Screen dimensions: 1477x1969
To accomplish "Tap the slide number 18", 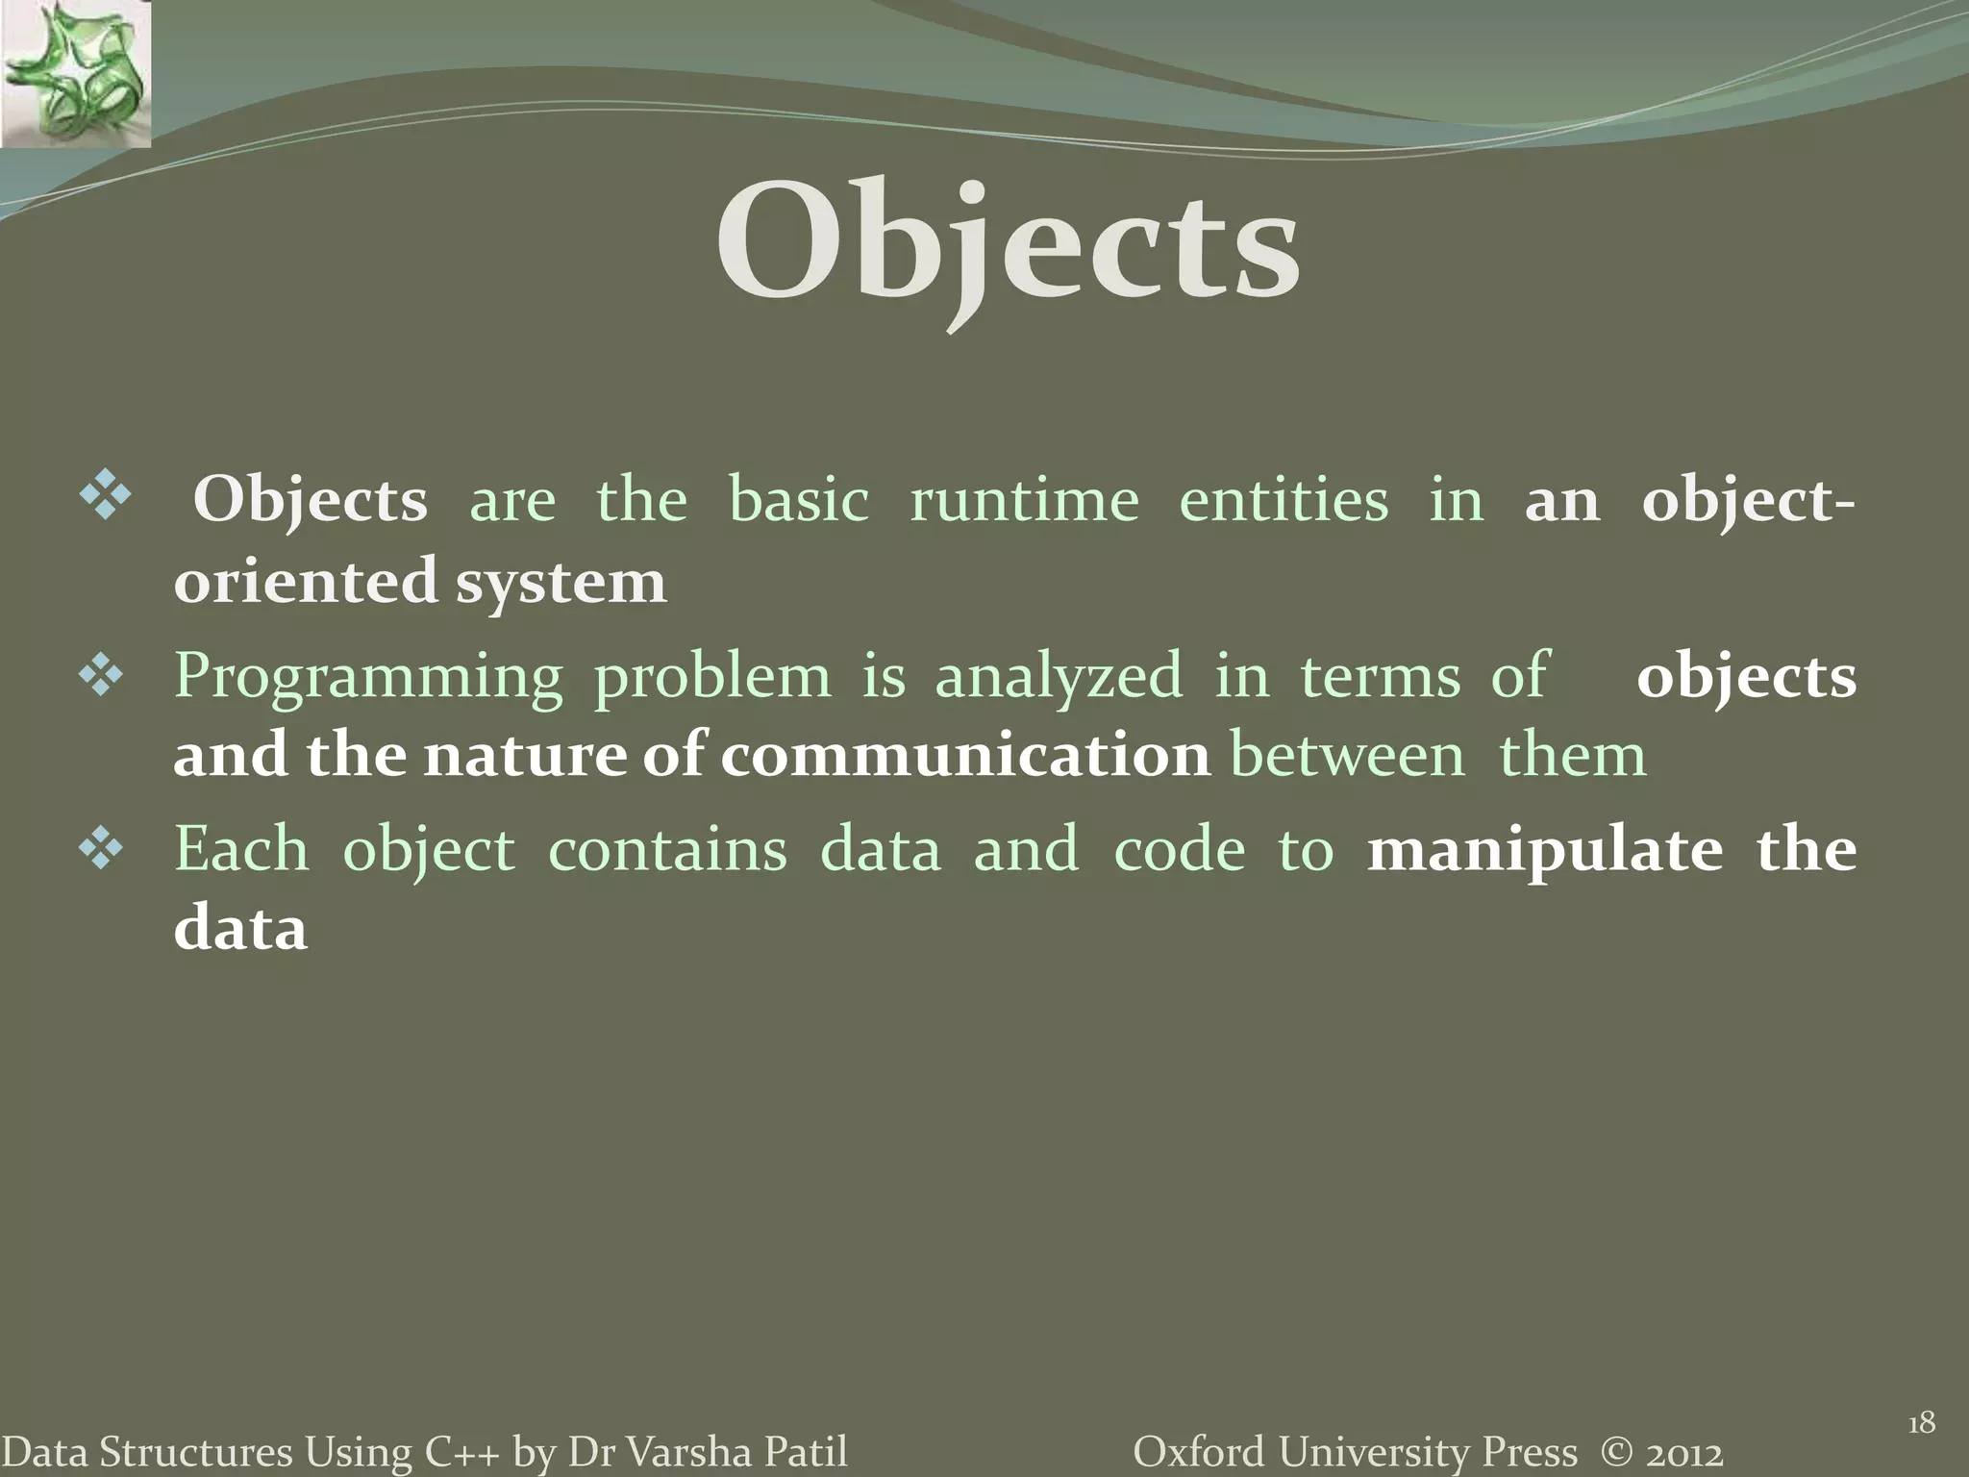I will point(1920,1422).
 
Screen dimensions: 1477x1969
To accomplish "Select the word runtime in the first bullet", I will point(1024,501).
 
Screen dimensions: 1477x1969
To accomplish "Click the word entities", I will point(1284,501).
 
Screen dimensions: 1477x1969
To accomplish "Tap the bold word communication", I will point(965,756).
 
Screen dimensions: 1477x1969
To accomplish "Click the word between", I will point(1348,756).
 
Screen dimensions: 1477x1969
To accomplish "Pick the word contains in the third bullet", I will point(667,850).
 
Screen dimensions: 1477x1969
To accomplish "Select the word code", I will point(1179,850).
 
